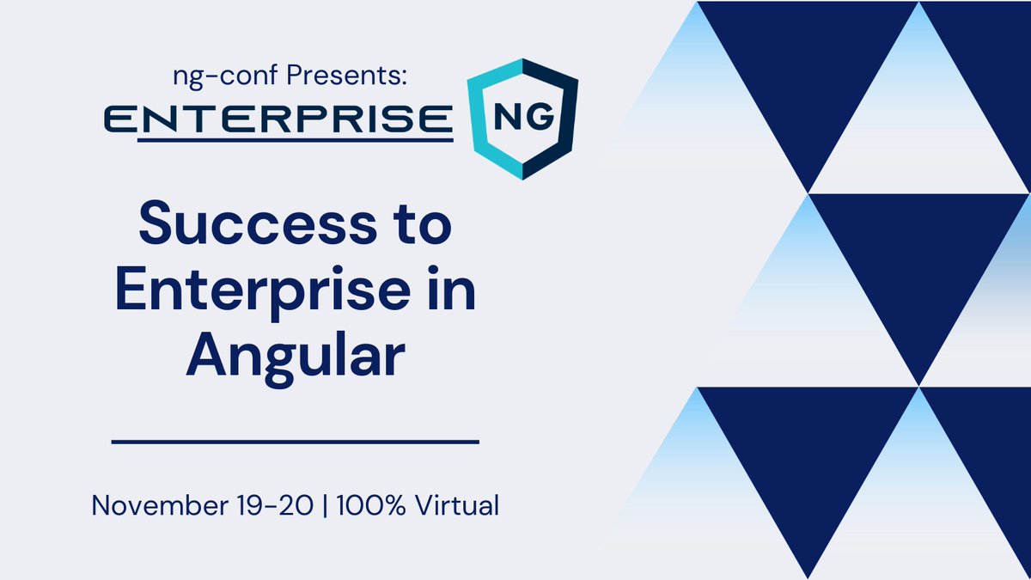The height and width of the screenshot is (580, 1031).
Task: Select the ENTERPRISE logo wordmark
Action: [x=276, y=118]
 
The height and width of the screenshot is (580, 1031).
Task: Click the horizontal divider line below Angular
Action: [x=295, y=443]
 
